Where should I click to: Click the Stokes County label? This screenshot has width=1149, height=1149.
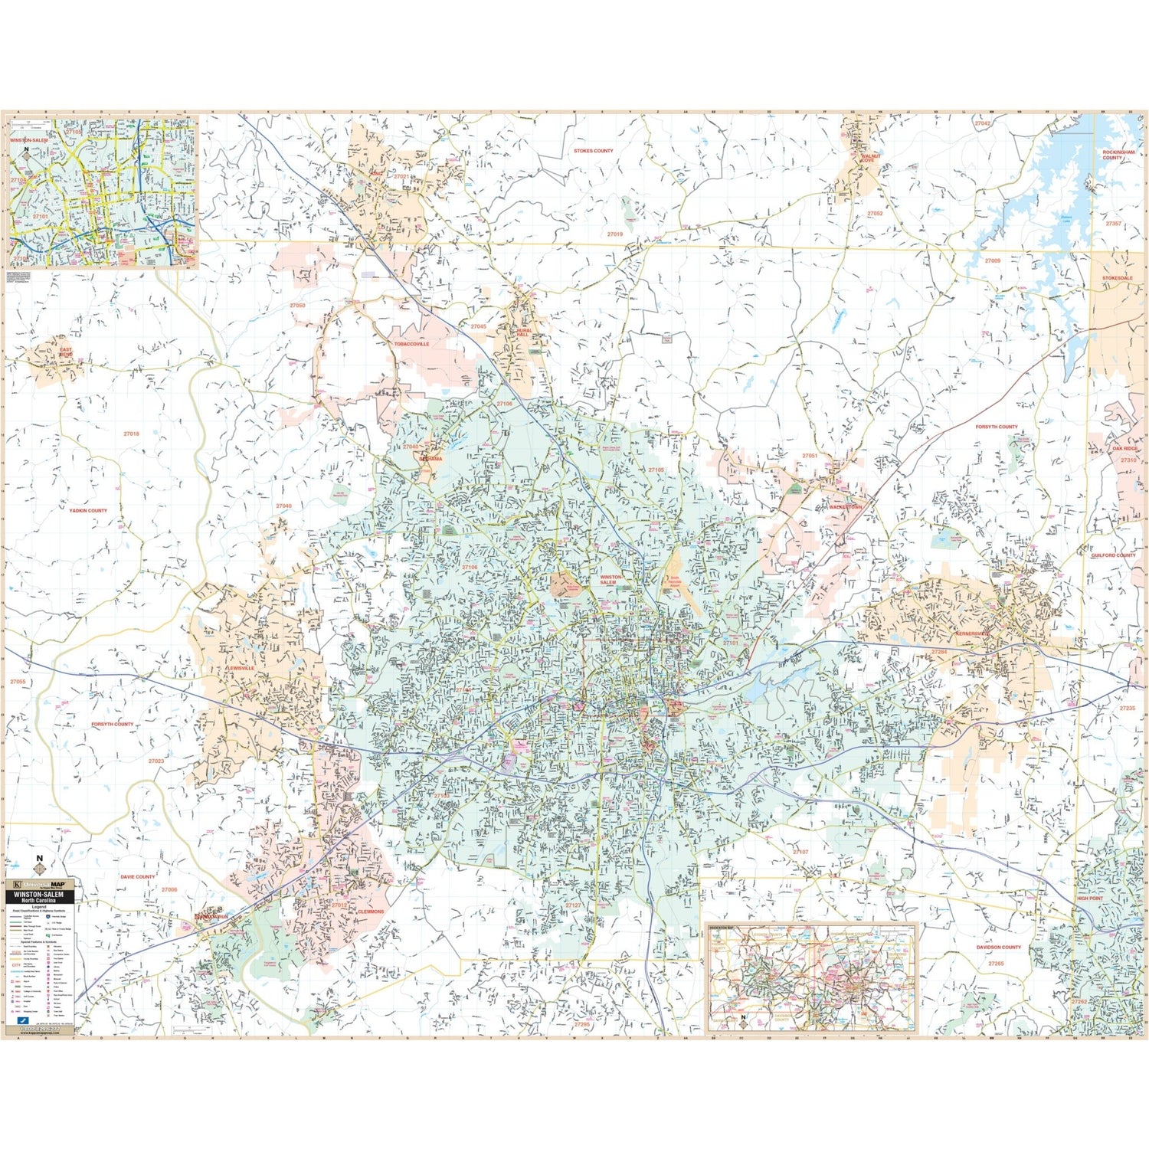[594, 151]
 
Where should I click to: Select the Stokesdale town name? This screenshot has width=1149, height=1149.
[1117, 278]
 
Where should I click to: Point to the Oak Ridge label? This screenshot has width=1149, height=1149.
[1125, 449]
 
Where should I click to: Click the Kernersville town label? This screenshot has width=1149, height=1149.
[973, 634]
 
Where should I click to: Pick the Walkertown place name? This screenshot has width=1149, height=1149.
[846, 507]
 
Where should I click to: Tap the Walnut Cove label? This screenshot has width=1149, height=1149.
[871, 158]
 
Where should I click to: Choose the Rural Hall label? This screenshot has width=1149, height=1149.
[523, 333]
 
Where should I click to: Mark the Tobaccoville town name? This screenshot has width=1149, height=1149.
[411, 345]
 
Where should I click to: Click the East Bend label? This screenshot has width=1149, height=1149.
[66, 353]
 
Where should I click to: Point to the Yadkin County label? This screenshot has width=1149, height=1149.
[88, 510]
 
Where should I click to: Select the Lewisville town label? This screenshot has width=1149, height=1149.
[241, 669]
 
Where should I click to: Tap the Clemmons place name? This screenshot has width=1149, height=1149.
[370, 912]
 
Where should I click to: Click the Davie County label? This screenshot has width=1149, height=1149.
[137, 876]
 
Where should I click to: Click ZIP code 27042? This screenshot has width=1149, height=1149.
[982, 123]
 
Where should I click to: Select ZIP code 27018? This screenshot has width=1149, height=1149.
[132, 434]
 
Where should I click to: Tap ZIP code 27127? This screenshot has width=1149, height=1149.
[574, 905]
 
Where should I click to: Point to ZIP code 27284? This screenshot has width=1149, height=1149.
[939, 651]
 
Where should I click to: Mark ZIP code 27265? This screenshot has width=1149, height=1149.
[995, 964]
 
